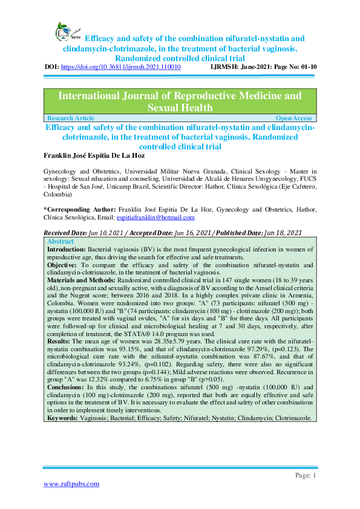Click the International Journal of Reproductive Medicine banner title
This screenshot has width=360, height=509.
pyautogui.click(x=180, y=102)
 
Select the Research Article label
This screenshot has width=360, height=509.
pyautogui.click(x=70, y=118)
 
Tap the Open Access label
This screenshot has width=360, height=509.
pyautogui.click(x=293, y=118)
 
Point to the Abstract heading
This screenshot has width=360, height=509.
pyautogui.click(x=61, y=240)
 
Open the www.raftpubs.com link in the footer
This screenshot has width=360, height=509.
pyautogui.click(x=72, y=484)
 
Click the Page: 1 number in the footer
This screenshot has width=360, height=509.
pyautogui.click(x=306, y=475)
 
